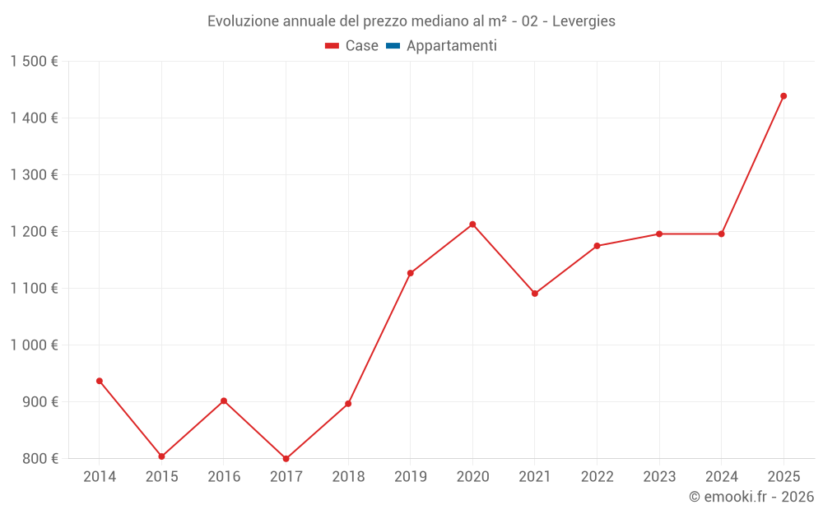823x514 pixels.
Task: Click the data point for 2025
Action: pyautogui.click(x=783, y=96)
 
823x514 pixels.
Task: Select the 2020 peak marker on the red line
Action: pyautogui.click(x=472, y=225)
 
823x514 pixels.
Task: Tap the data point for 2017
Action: pyautogui.click(x=286, y=459)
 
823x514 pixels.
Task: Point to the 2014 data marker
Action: pyautogui.click(x=100, y=381)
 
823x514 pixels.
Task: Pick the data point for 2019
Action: pyautogui.click(x=410, y=273)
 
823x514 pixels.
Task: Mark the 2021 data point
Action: pyautogui.click(x=535, y=294)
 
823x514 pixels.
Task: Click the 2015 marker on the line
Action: pyautogui.click(x=161, y=456)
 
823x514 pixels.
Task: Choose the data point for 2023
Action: pyautogui.click(x=659, y=234)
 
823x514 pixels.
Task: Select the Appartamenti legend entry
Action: pyautogui.click(x=451, y=46)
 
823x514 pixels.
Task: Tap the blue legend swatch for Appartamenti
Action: pyautogui.click(x=393, y=46)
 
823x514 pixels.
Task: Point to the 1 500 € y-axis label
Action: pyautogui.click(x=34, y=62)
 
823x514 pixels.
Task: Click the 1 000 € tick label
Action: pyautogui.click(x=34, y=345)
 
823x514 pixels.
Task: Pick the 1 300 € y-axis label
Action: pyautogui.click(x=34, y=175)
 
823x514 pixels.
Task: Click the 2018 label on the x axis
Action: pyautogui.click(x=348, y=477)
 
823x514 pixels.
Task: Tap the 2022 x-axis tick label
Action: pyautogui.click(x=597, y=477)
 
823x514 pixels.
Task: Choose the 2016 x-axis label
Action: pyautogui.click(x=224, y=477)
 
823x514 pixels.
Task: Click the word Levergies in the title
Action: pyautogui.click(x=584, y=21)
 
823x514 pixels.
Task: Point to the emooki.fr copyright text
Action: pyautogui.click(x=751, y=497)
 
